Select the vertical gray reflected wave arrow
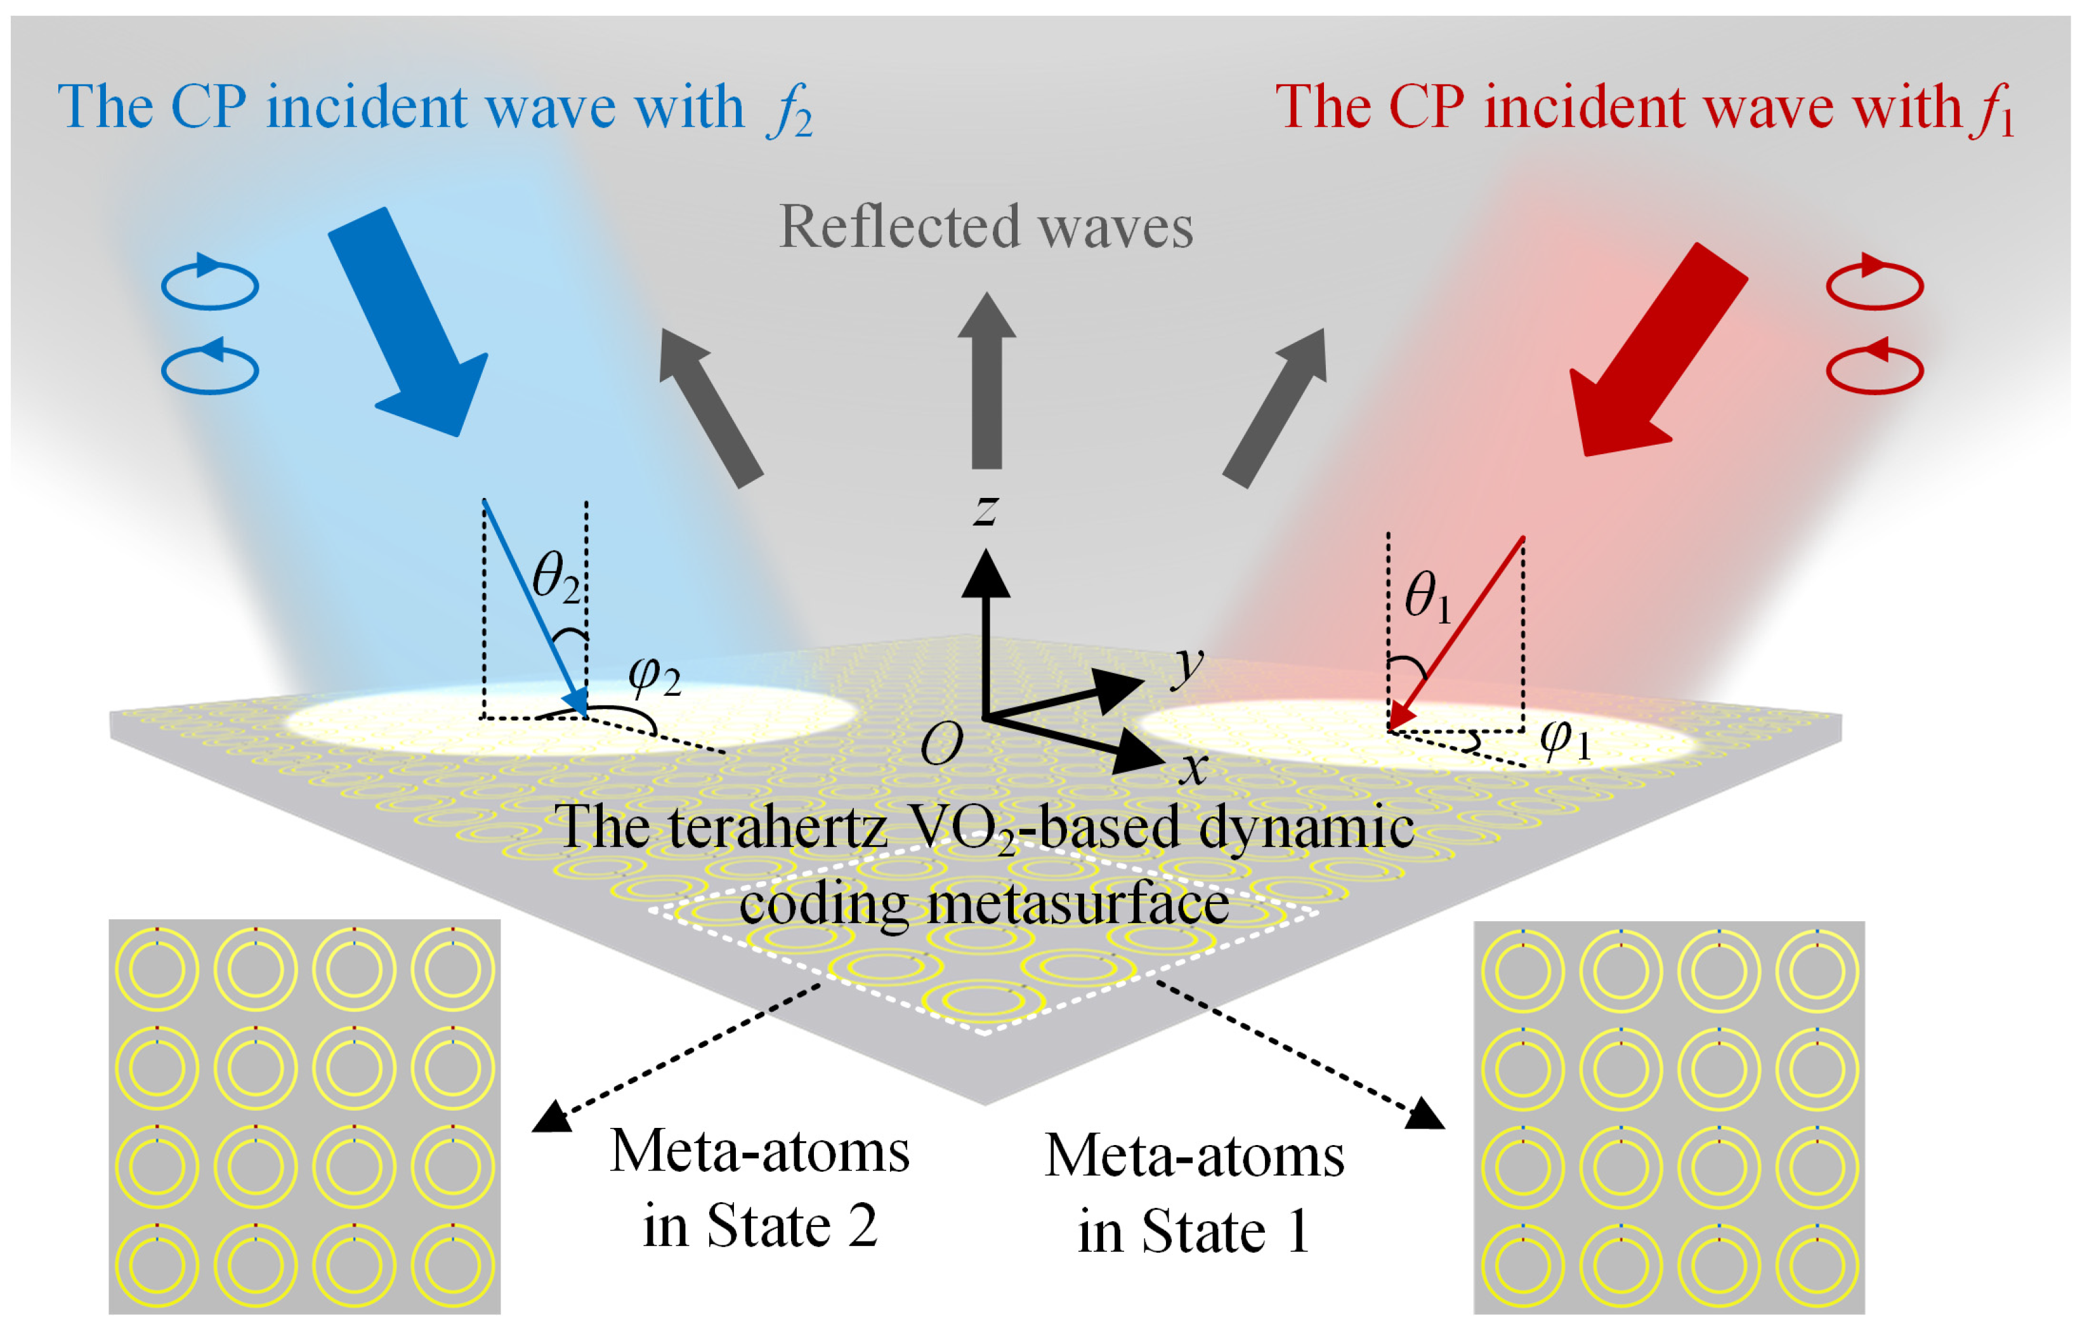pyautogui.click(x=986, y=381)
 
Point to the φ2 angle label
pyautogui.click(x=653, y=676)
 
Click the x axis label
pyautogui.click(x=1193, y=767)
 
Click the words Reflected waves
pyautogui.click(x=986, y=226)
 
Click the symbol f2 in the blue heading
pyautogui.click(x=789, y=110)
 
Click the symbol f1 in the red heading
pyautogui.click(x=1993, y=110)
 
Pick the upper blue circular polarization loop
pyautogui.click(x=210, y=283)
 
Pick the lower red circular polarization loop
pyautogui.click(x=1875, y=369)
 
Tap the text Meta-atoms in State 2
pyautogui.click(x=759, y=1188)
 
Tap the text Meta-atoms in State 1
pyautogui.click(x=1194, y=1193)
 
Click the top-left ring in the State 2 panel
pyautogui.click(x=157, y=969)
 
